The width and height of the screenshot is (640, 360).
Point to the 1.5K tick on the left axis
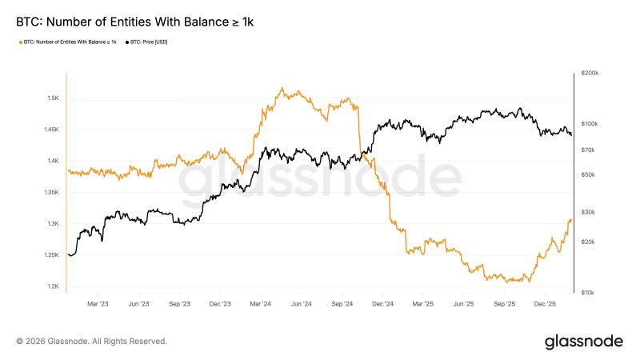coord(53,98)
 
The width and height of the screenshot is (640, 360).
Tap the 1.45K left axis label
coord(50,130)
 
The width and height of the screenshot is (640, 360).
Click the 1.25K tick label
coord(50,255)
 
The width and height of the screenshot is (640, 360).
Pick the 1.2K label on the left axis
coord(53,286)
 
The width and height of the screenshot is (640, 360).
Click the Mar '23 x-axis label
coord(98,304)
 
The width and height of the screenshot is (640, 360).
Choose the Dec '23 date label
coord(219,304)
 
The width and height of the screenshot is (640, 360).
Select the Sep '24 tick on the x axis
coord(342,304)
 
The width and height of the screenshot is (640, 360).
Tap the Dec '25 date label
coord(546,304)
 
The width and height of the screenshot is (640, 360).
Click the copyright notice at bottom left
coord(91,341)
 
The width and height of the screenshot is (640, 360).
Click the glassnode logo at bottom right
coord(583,342)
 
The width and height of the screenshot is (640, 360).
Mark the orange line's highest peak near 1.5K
coord(282,88)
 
